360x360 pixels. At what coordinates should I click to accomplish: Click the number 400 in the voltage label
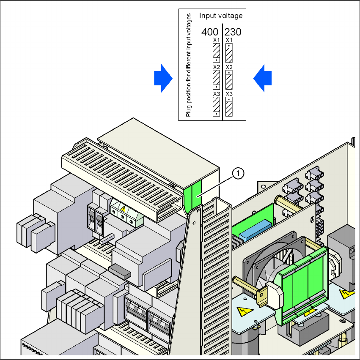(x=210, y=32)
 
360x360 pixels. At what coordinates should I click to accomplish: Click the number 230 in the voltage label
(x=233, y=32)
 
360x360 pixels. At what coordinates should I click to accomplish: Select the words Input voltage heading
(x=221, y=16)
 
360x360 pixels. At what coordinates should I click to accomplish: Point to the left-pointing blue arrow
(x=262, y=78)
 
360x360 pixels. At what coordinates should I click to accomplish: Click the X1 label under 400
(x=216, y=40)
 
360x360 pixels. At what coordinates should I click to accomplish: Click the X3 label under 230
(x=229, y=94)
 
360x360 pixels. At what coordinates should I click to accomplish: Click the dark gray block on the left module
(x=119, y=270)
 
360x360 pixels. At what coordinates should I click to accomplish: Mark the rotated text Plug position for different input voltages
(x=189, y=65)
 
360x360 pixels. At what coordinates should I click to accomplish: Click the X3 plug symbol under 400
(x=216, y=106)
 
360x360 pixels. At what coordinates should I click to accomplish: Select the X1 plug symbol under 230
(x=229, y=53)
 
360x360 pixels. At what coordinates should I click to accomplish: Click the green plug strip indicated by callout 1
(x=193, y=196)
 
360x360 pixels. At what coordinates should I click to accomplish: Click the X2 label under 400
(x=216, y=67)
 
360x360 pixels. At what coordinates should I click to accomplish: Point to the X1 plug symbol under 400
(x=216, y=53)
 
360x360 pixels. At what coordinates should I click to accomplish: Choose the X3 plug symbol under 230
(x=229, y=106)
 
